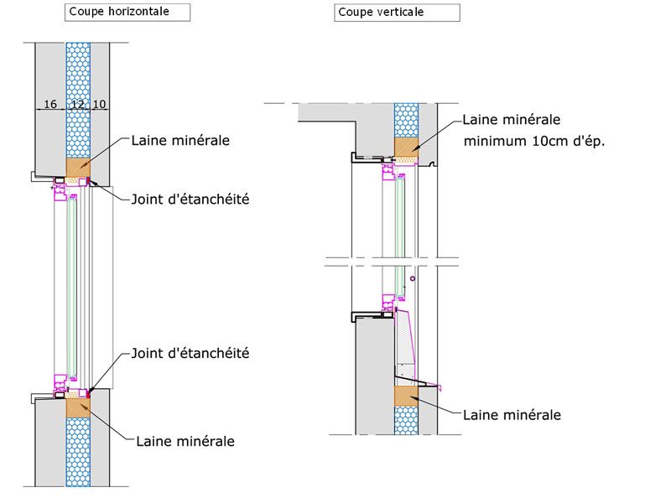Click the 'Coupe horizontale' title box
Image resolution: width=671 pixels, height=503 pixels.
click(x=127, y=12)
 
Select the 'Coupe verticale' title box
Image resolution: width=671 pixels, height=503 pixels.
click(x=397, y=13)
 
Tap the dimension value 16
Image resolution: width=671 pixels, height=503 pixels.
click(x=49, y=104)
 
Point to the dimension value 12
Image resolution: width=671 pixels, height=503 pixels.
click(x=77, y=104)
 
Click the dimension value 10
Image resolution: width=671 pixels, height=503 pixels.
click(x=99, y=104)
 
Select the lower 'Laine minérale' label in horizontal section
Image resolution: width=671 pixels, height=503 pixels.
click(x=185, y=441)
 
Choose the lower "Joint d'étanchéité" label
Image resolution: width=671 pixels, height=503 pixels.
click(x=190, y=354)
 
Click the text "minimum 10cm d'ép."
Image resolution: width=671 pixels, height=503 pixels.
click(x=534, y=141)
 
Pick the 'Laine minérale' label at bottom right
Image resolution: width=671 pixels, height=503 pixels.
click(x=512, y=414)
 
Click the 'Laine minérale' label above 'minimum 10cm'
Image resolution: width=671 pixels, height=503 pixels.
click(x=512, y=120)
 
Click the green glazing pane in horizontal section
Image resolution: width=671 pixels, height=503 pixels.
click(x=73, y=285)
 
